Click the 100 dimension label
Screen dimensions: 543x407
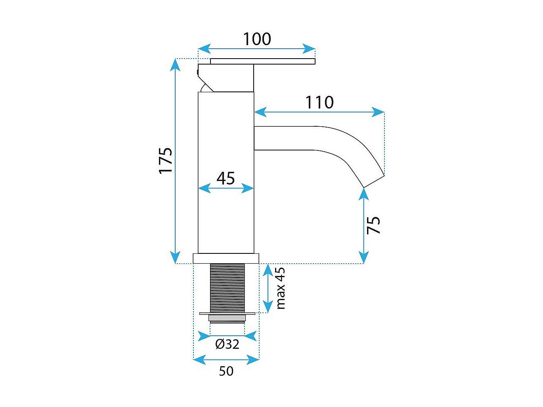pyautogui.click(x=257, y=39)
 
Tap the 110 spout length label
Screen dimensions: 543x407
pyautogui.click(x=319, y=103)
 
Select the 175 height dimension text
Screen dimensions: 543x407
pyautogui.click(x=166, y=160)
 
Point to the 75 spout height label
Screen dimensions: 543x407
pyautogui.click(x=373, y=225)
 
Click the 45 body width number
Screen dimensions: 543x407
pyautogui.click(x=226, y=179)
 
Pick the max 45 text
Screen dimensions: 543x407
pyautogui.click(x=280, y=288)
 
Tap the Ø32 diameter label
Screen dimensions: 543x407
pyautogui.click(x=228, y=344)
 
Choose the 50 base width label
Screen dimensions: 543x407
pyautogui.click(x=226, y=371)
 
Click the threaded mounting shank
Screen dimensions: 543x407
pyautogui.click(x=227, y=287)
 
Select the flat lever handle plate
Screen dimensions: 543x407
pyautogui.click(x=262, y=61)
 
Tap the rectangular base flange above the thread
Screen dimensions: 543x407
pyautogui.click(x=226, y=258)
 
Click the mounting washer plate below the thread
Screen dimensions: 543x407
pyautogui.click(x=227, y=314)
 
